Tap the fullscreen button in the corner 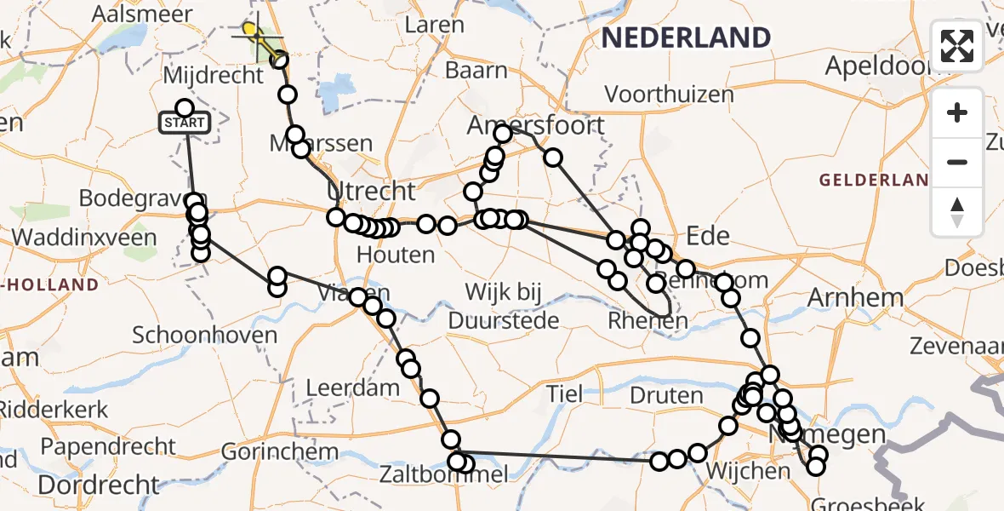tap(957, 46)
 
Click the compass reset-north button tap(957, 211)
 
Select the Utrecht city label tap(372, 191)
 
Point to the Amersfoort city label tap(536, 126)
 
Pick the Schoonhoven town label tap(205, 335)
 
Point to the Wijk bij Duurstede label tap(504, 307)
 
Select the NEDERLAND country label tap(686, 37)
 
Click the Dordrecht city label tap(98, 485)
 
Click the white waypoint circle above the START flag tap(185, 107)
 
